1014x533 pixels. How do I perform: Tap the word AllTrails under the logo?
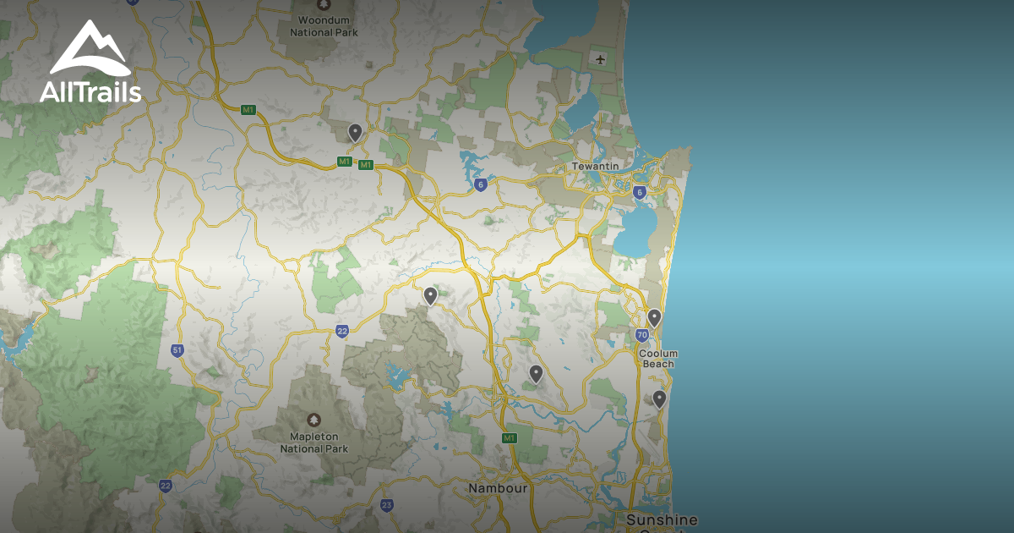(90, 92)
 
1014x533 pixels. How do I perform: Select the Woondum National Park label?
(324, 26)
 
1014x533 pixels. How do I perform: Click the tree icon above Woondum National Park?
(324, 4)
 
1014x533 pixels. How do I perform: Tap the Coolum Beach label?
(658, 359)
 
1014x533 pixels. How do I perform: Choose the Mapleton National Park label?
(314, 442)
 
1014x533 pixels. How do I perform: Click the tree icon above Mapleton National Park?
(314, 420)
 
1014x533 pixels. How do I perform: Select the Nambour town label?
(499, 488)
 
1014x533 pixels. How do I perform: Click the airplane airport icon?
(601, 59)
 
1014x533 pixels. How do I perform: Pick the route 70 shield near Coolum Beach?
(642, 336)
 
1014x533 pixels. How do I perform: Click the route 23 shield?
(386, 505)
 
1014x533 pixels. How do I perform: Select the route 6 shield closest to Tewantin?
(640, 192)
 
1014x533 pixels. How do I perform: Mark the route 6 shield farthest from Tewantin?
(480, 184)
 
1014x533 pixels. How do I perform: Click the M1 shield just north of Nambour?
(509, 437)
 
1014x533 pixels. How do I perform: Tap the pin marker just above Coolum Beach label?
(654, 318)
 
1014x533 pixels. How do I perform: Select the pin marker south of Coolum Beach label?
(659, 398)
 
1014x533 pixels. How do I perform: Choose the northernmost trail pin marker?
(355, 132)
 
